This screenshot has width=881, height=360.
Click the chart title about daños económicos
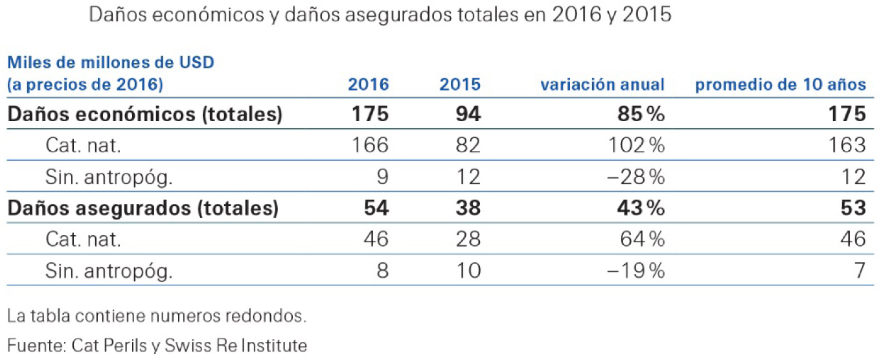pos(380,15)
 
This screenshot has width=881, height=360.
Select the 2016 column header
pos(369,84)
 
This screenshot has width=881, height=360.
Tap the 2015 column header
pos(460,84)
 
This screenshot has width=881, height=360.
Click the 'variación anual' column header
pos(602,84)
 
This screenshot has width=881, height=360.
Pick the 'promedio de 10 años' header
pos(780,84)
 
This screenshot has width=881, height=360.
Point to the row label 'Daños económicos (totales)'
pos(144,115)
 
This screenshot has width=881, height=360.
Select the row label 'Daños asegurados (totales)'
pos(143,208)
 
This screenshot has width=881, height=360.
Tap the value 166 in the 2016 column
pos(369,145)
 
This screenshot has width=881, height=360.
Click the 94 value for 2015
pos(466,115)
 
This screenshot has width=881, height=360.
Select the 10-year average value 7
pos(858,270)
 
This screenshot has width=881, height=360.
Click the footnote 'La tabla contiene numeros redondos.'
pos(155,317)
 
